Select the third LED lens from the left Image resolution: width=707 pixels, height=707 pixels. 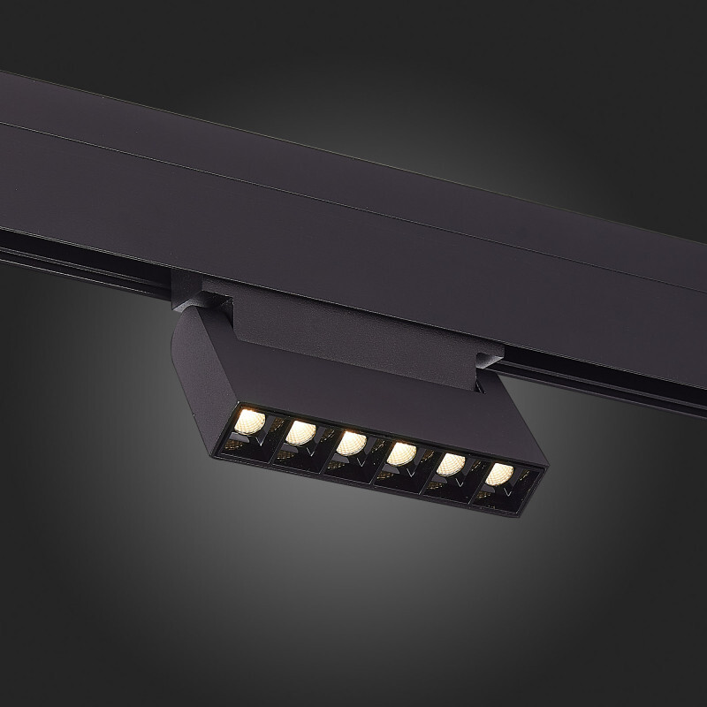click(351, 442)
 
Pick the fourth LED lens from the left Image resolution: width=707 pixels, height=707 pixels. click(402, 453)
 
